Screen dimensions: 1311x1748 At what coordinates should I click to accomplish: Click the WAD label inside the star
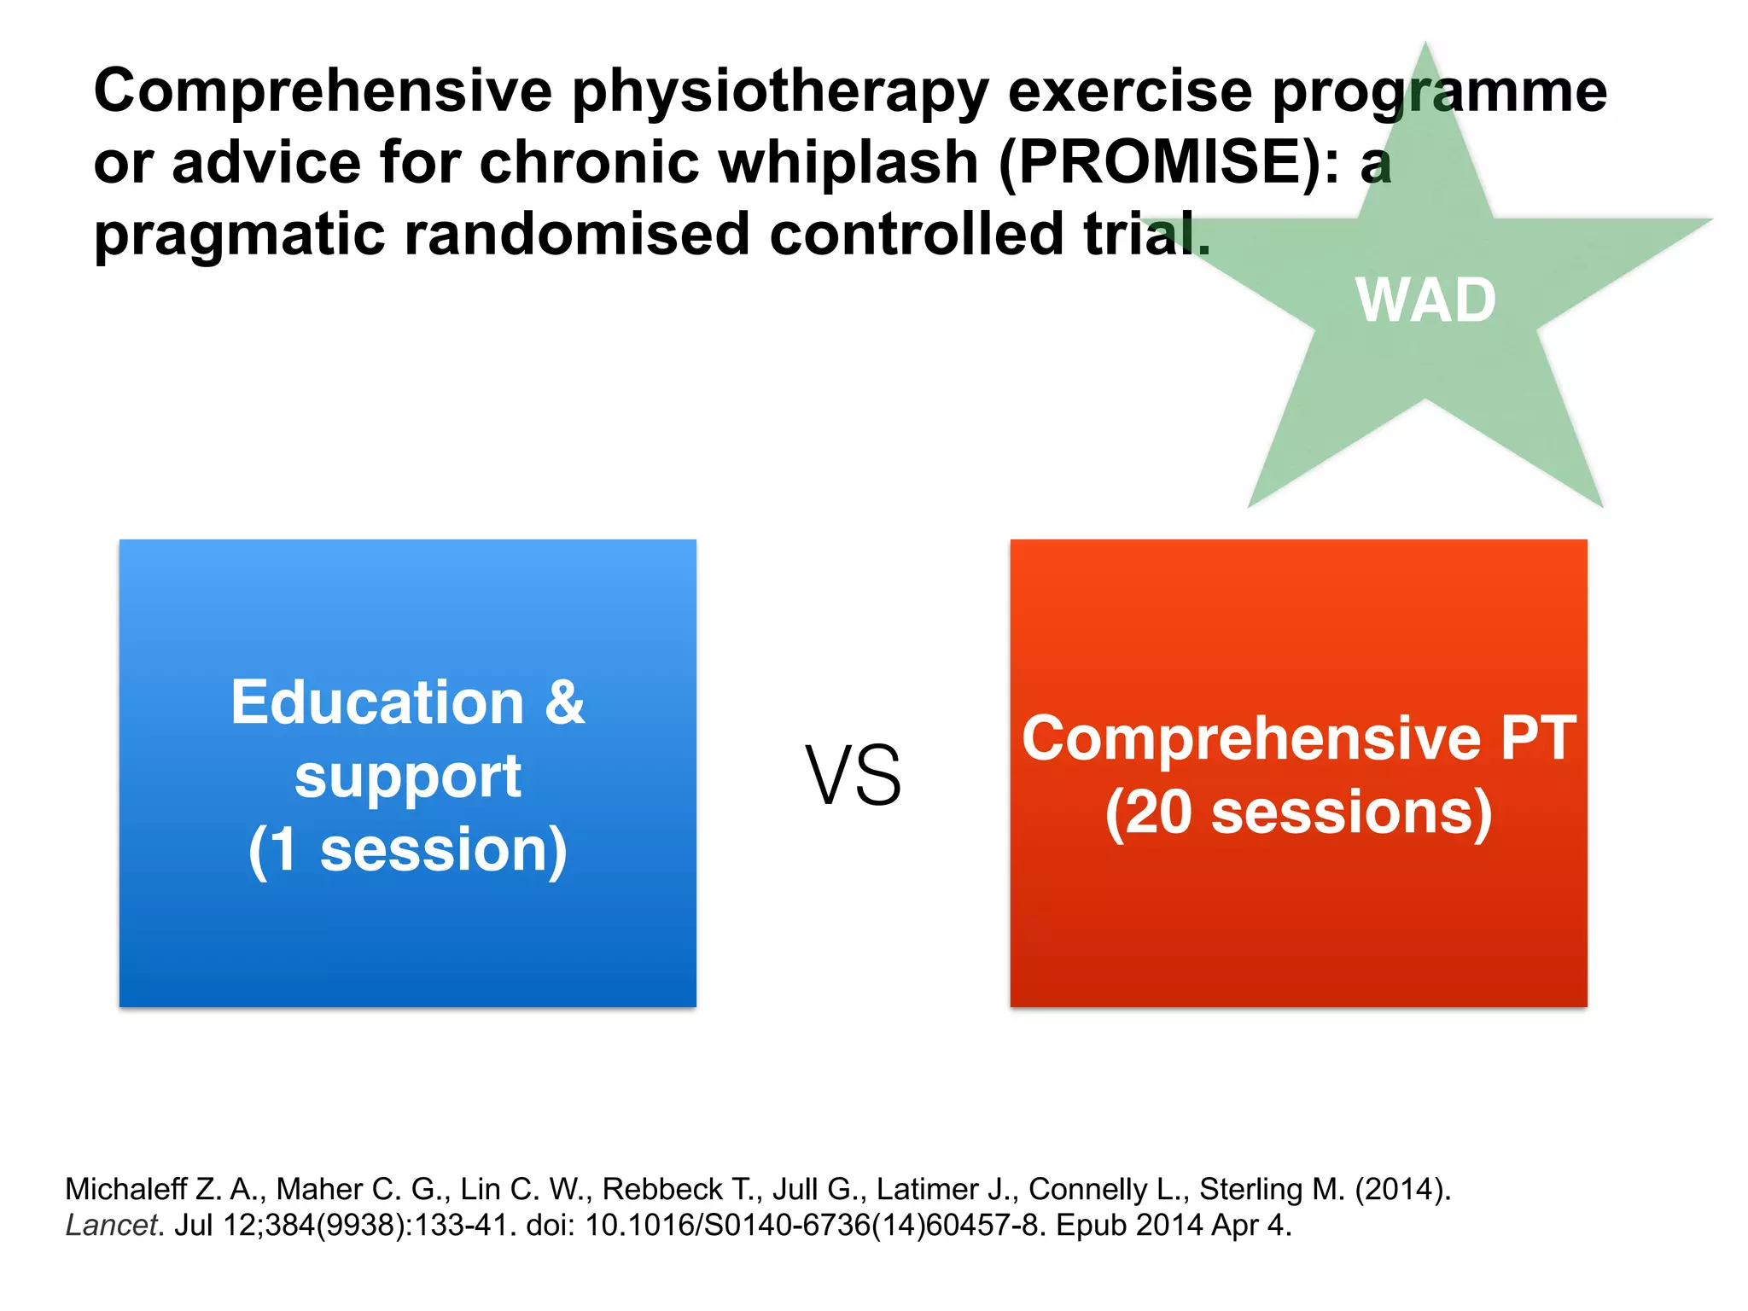click(1425, 300)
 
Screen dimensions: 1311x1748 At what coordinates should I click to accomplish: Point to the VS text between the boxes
click(854, 776)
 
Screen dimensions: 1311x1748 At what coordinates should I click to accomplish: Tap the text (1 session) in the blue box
click(407, 850)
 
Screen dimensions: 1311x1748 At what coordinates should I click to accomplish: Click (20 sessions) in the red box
click(1298, 813)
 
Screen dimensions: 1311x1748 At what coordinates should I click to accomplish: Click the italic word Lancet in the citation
click(111, 1226)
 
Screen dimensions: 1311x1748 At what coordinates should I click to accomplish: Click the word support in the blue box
click(407, 777)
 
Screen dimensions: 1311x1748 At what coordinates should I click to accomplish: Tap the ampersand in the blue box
click(564, 702)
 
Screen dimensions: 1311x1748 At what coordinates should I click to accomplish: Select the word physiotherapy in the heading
click(780, 90)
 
